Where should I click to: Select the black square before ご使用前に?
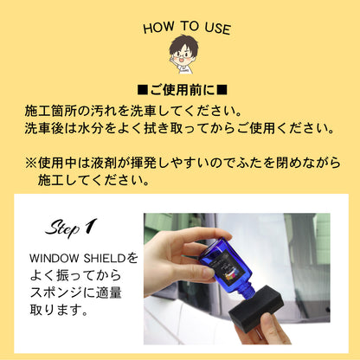pyautogui.click(x=143, y=89)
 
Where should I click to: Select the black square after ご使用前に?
pyautogui.click(x=221, y=89)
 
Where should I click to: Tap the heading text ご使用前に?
pyautogui.click(x=182, y=89)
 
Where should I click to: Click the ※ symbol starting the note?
pyautogui.click(x=30, y=163)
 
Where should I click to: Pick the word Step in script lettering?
pyautogui.click(x=61, y=228)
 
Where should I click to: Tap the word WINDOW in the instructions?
pyautogui.click(x=55, y=258)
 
